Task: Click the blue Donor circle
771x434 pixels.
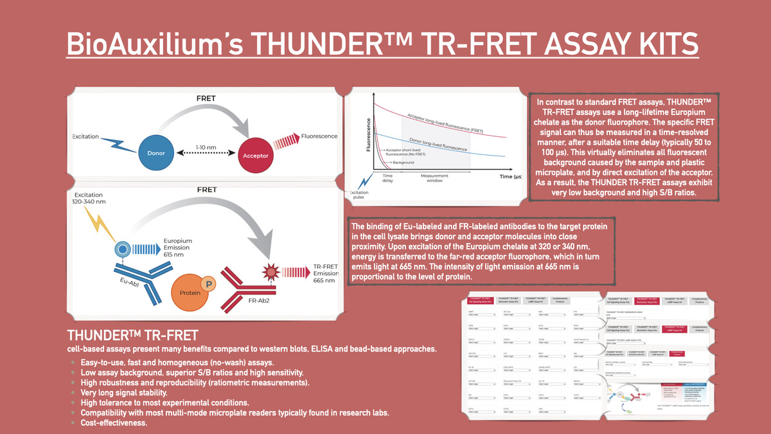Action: pos(155,152)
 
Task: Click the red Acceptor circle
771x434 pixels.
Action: pos(256,155)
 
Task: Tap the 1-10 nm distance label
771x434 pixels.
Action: pos(206,147)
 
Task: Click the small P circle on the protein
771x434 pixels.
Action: pos(207,283)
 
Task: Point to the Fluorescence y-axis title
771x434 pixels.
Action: pos(369,135)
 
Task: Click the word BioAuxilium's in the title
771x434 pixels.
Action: pos(154,45)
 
